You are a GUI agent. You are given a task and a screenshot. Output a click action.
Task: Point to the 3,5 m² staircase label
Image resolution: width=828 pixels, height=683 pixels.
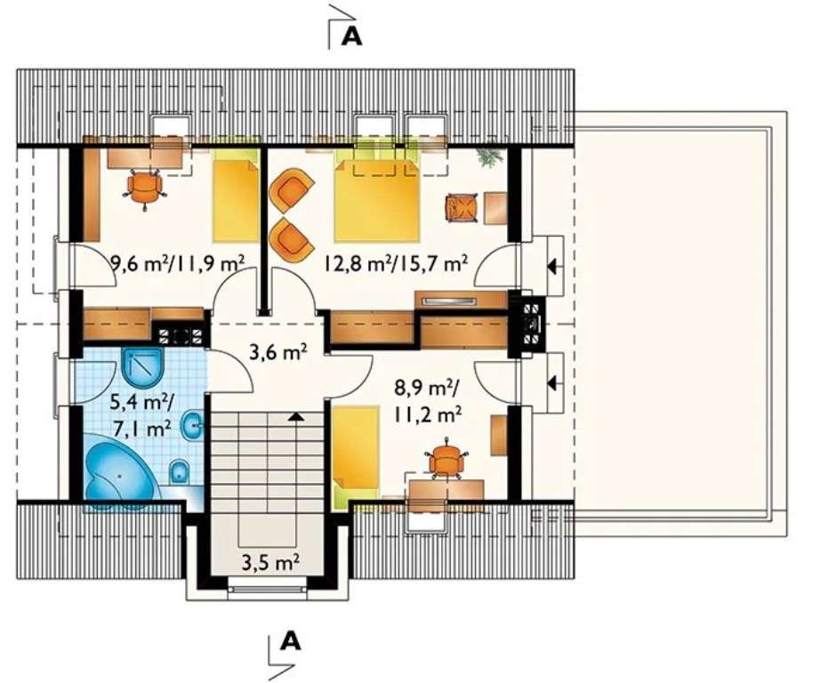pos(270,562)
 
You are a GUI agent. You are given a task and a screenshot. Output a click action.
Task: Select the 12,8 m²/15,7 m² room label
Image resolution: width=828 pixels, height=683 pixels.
pos(395,262)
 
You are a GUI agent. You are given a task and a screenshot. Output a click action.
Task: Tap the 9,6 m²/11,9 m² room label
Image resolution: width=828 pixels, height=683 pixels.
pos(177,262)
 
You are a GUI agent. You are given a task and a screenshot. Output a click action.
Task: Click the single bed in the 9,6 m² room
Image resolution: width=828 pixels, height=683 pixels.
pos(235,197)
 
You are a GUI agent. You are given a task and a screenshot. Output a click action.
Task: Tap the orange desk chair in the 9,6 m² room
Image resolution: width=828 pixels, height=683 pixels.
pos(144,186)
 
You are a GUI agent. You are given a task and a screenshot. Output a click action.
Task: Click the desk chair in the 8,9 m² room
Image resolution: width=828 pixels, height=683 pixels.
pos(447,461)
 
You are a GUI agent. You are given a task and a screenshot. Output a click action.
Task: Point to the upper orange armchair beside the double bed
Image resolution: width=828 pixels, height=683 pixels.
pos(293,191)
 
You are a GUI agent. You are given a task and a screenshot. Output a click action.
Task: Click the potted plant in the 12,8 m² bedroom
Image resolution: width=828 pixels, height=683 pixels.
pos(488,157)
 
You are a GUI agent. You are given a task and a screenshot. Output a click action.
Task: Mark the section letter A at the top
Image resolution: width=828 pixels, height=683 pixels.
pos(353,36)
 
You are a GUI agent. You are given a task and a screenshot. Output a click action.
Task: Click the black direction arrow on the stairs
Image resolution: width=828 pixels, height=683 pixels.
pos(293,415)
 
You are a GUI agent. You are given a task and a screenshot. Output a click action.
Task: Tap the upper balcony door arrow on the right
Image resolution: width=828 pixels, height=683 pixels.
pos(553,265)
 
